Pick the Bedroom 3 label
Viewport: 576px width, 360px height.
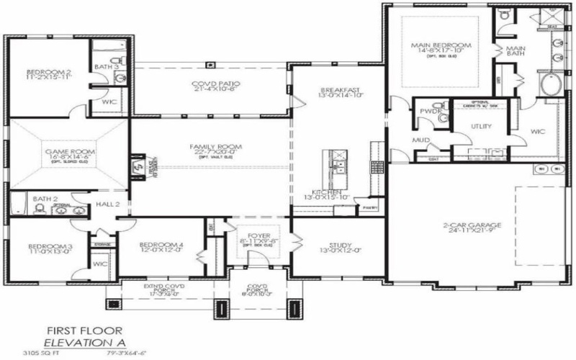coord(40,248)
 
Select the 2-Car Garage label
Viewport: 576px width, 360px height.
coord(472,225)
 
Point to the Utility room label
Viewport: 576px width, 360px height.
coord(481,126)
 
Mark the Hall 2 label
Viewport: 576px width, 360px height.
coord(107,204)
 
